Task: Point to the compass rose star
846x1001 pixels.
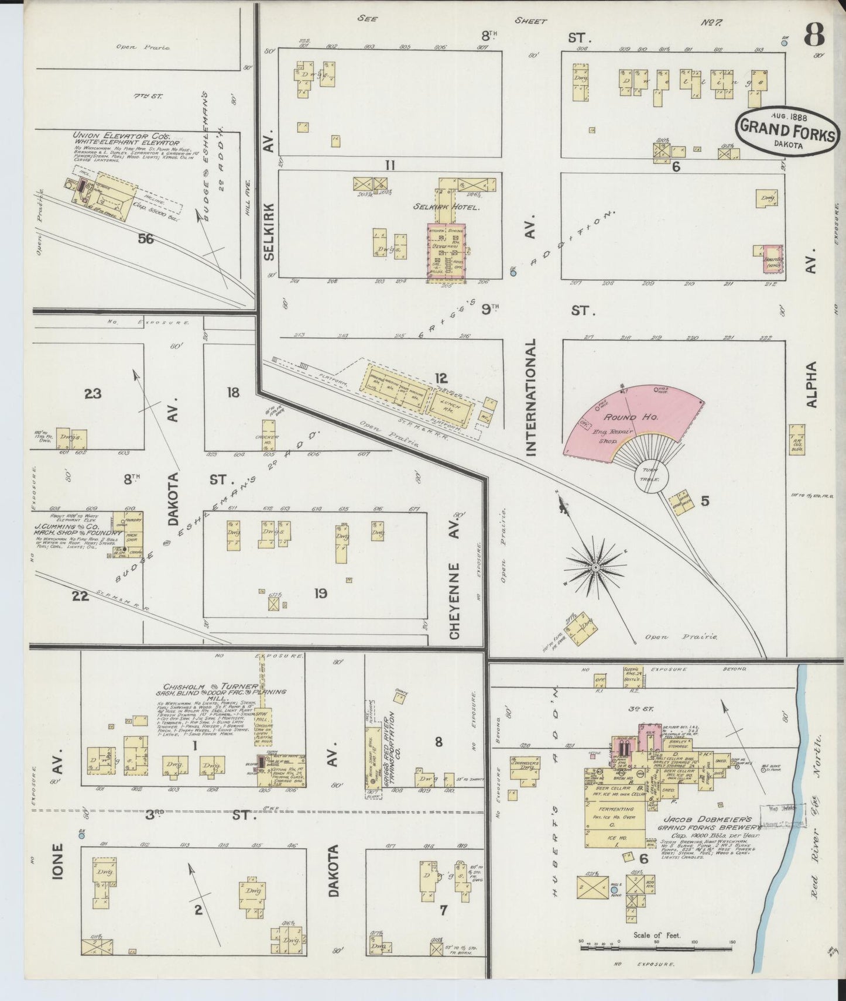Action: pyautogui.click(x=595, y=567)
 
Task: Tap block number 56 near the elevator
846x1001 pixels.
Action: pyautogui.click(x=145, y=238)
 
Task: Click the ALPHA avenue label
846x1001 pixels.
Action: pyautogui.click(x=811, y=384)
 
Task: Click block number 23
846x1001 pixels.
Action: pyautogui.click(x=93, y=393)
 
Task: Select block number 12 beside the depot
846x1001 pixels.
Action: pyautogui.click(x=441, y=378)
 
